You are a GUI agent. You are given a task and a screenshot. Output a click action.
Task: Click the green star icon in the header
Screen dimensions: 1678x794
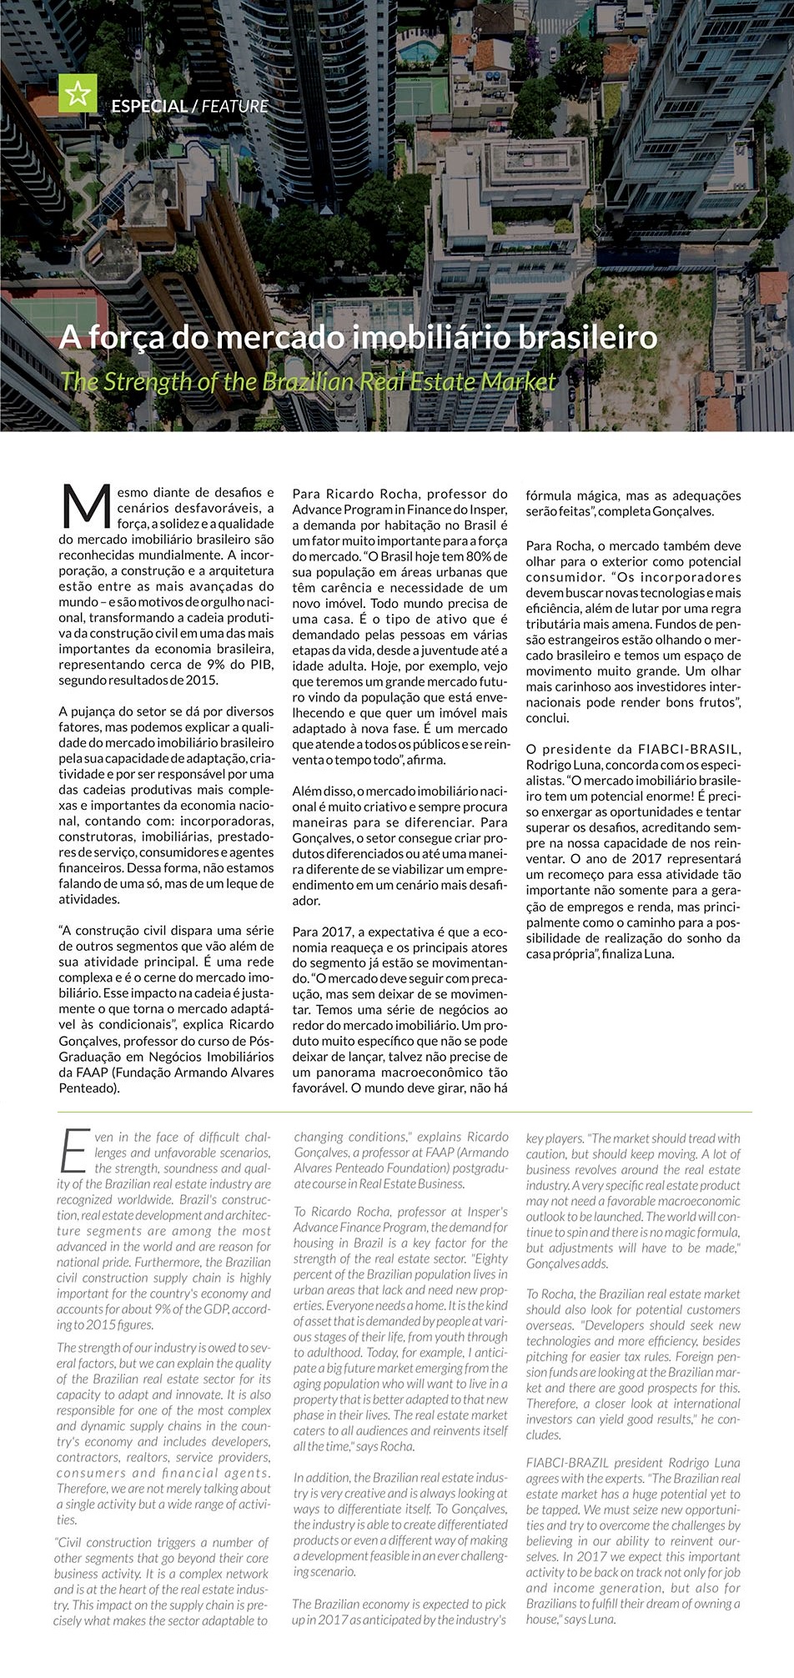[78, 93]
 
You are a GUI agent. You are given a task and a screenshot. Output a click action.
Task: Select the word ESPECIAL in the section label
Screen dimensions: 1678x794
[149, 107]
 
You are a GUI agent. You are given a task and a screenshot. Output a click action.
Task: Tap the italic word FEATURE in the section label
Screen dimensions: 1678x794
[235, 107]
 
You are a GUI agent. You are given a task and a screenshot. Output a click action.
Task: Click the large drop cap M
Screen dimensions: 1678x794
[86, 506]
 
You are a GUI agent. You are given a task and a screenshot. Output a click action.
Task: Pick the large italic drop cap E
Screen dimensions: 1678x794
[74, 1152]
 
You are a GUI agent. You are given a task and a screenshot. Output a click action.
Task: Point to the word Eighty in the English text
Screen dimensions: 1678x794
[490, 1258]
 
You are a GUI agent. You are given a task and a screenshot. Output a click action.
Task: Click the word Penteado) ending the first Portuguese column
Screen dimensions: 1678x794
[89, 1088]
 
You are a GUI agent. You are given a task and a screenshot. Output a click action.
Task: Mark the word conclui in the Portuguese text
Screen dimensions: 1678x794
[547, 718]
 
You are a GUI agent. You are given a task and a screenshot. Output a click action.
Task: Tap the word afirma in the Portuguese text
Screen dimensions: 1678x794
[428, 760]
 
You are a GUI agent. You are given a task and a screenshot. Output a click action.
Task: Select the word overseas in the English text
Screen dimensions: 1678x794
[550, 1325]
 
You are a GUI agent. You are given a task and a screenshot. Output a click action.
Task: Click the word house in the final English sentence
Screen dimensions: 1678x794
[541, 1620]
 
